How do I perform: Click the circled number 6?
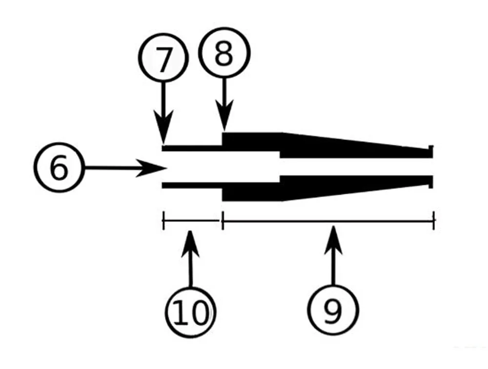[58, 168]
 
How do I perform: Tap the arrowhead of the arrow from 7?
[163, 134]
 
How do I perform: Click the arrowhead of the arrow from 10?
[190, 239]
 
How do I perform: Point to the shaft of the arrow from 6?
[112, 168]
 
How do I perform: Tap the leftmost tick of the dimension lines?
[163, 221]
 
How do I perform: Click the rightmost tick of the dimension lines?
[434, 221]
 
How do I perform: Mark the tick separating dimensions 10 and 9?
[223, 221]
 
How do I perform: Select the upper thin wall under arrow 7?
[192, 147]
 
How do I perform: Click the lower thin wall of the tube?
[192, 185]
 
